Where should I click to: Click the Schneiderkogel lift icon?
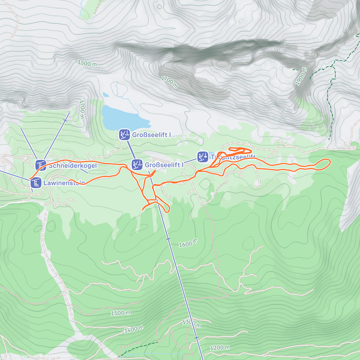point(41,165)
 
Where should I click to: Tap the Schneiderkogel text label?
point(73,166)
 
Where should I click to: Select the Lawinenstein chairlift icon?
point(36,182)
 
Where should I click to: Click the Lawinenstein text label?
point(64,183)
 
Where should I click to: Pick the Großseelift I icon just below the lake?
point(124,135)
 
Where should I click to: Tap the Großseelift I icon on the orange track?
point(137,165)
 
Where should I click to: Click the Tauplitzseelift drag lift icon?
point(203,157)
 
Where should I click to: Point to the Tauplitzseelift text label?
point(233,157)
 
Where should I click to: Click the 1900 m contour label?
point(301,76)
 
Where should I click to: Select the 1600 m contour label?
point(188,243)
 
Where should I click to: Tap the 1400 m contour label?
point(134,329)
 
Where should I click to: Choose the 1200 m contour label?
point(220,348)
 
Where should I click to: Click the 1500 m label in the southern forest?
point(121,313)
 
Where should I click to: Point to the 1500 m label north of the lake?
point(87,63)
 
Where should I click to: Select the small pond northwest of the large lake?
point(106,95)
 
